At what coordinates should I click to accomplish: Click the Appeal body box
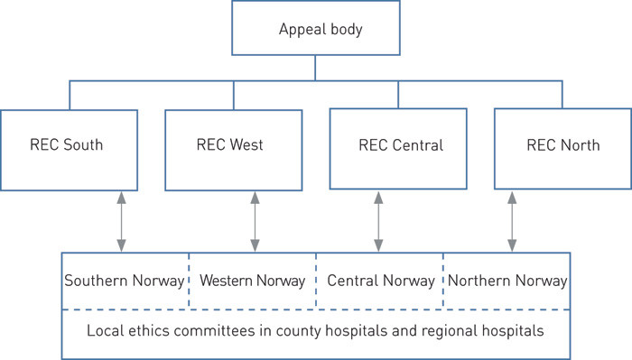coord(315,28)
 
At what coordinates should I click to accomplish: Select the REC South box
coord(69,145)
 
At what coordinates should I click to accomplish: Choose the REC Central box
coord(396,145)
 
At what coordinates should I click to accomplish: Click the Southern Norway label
coord(125,281)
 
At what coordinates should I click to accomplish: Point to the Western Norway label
coord(252,281)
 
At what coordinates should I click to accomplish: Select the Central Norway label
coord(380,281)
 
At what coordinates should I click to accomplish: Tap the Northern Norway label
coord(507,281)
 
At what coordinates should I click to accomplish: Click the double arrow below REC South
coord(120,220)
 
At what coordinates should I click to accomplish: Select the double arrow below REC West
coord(255,220)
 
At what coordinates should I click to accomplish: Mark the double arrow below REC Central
coord(378,220)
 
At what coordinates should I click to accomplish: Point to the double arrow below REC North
coord(512,220)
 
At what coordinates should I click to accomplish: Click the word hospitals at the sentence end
coord(512,330)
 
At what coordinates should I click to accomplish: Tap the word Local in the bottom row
coord(104,330)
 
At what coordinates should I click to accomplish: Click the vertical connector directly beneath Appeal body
coord(315,67)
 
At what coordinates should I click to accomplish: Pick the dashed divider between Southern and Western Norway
coord(189,281)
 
